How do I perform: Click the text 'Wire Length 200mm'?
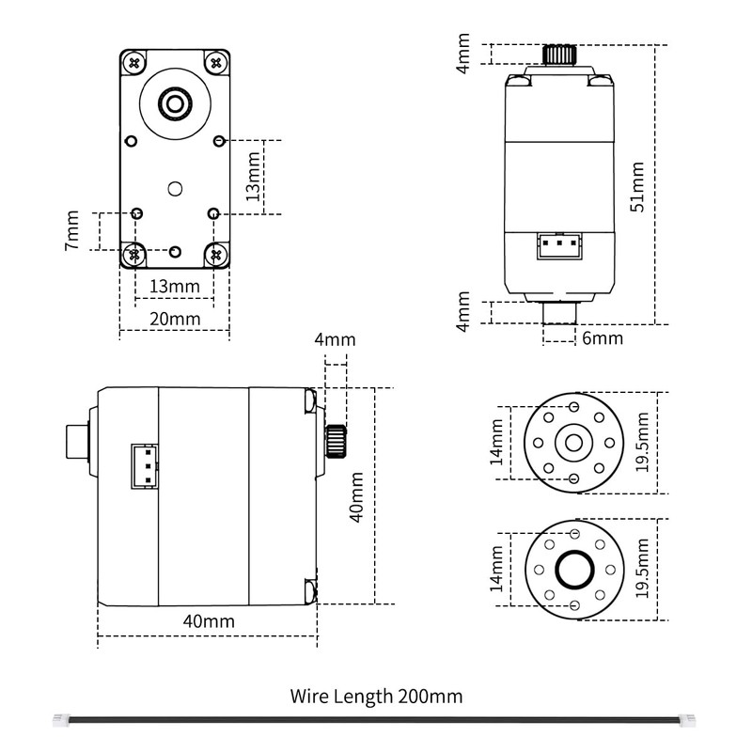pos(376,697)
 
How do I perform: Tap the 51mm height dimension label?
pos(637,186)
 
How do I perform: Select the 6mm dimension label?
pos(602,337)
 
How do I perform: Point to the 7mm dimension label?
pos(73,231)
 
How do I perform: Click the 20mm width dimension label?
pos(175,319)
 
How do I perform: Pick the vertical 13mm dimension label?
pos(252,177)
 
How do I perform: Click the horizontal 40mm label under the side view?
pos(208,621)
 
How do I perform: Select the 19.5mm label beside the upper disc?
pos(642,442)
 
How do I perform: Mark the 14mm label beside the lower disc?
pos(496,568)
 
